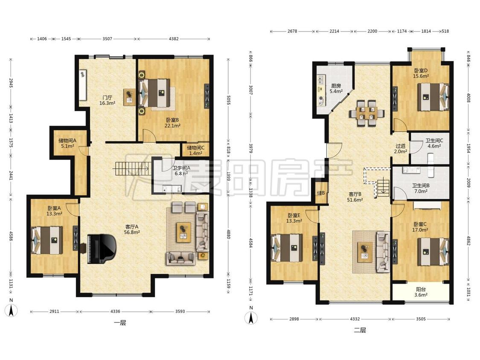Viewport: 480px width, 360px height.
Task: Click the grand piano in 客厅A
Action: (102, 249)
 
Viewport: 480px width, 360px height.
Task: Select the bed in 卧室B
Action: (155, 93)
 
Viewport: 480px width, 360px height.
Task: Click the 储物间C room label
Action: (195, 148)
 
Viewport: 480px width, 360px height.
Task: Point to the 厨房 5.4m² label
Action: (336, 88)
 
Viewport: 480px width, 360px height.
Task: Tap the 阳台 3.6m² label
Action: (421, 292)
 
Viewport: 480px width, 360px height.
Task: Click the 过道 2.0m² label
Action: (400, 149)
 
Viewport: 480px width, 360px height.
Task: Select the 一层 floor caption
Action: (120, 322)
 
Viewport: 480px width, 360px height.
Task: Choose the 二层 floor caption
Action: (360, 330)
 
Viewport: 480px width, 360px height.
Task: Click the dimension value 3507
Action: (107, 39)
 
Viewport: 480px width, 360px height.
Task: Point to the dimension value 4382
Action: (173, 39)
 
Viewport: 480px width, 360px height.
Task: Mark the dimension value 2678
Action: (292, 31)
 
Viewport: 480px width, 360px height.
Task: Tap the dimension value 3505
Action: (421, 319)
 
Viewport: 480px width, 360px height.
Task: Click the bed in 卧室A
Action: (47, 240)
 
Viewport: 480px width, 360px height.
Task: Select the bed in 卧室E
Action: (287, 248)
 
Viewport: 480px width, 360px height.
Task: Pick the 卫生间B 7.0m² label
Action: (421, 188)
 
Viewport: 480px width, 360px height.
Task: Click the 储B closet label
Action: (321, 193)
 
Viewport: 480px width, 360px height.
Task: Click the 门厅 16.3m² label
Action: (107, 100)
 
